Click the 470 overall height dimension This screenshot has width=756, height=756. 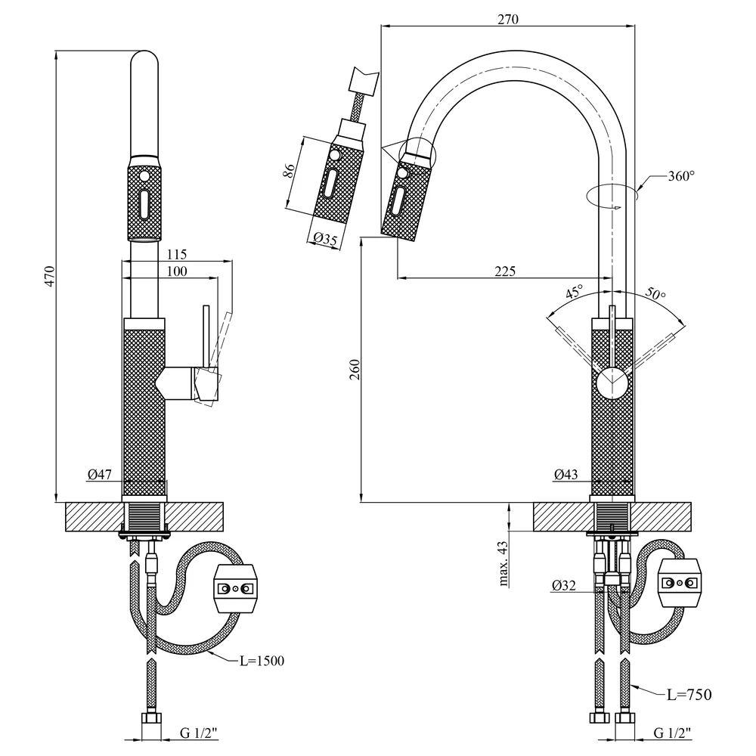(x=50, y=276)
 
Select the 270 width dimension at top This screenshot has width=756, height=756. (x=508, y=19)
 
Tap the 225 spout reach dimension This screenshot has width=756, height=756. (x=505, y=271)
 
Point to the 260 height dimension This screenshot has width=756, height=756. (x=355, y=370)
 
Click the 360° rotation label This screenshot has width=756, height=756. (x=681, y=176)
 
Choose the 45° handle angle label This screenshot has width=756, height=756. (x=574, y=291)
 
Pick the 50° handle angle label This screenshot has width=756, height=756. (x=655, y=293)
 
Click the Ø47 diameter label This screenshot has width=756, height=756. (x=99, y=475)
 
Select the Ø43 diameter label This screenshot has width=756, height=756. (x=565, y=475)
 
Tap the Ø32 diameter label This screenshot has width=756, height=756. (x=564, y=585)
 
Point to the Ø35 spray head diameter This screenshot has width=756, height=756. (x=324, y=239)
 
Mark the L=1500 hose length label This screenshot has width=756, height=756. (x=262, y=661)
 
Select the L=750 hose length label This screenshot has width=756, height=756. (x=689, y=694)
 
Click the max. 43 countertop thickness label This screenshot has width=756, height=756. (x=503, y=564)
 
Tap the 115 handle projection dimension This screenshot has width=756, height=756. (x=176, y=254)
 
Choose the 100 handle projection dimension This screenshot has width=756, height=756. (x=176, y=271)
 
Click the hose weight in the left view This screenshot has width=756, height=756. (x=235, y=588)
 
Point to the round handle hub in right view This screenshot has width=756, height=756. (x=612, y=383)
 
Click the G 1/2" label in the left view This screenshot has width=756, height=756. (x=199, y=733)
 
